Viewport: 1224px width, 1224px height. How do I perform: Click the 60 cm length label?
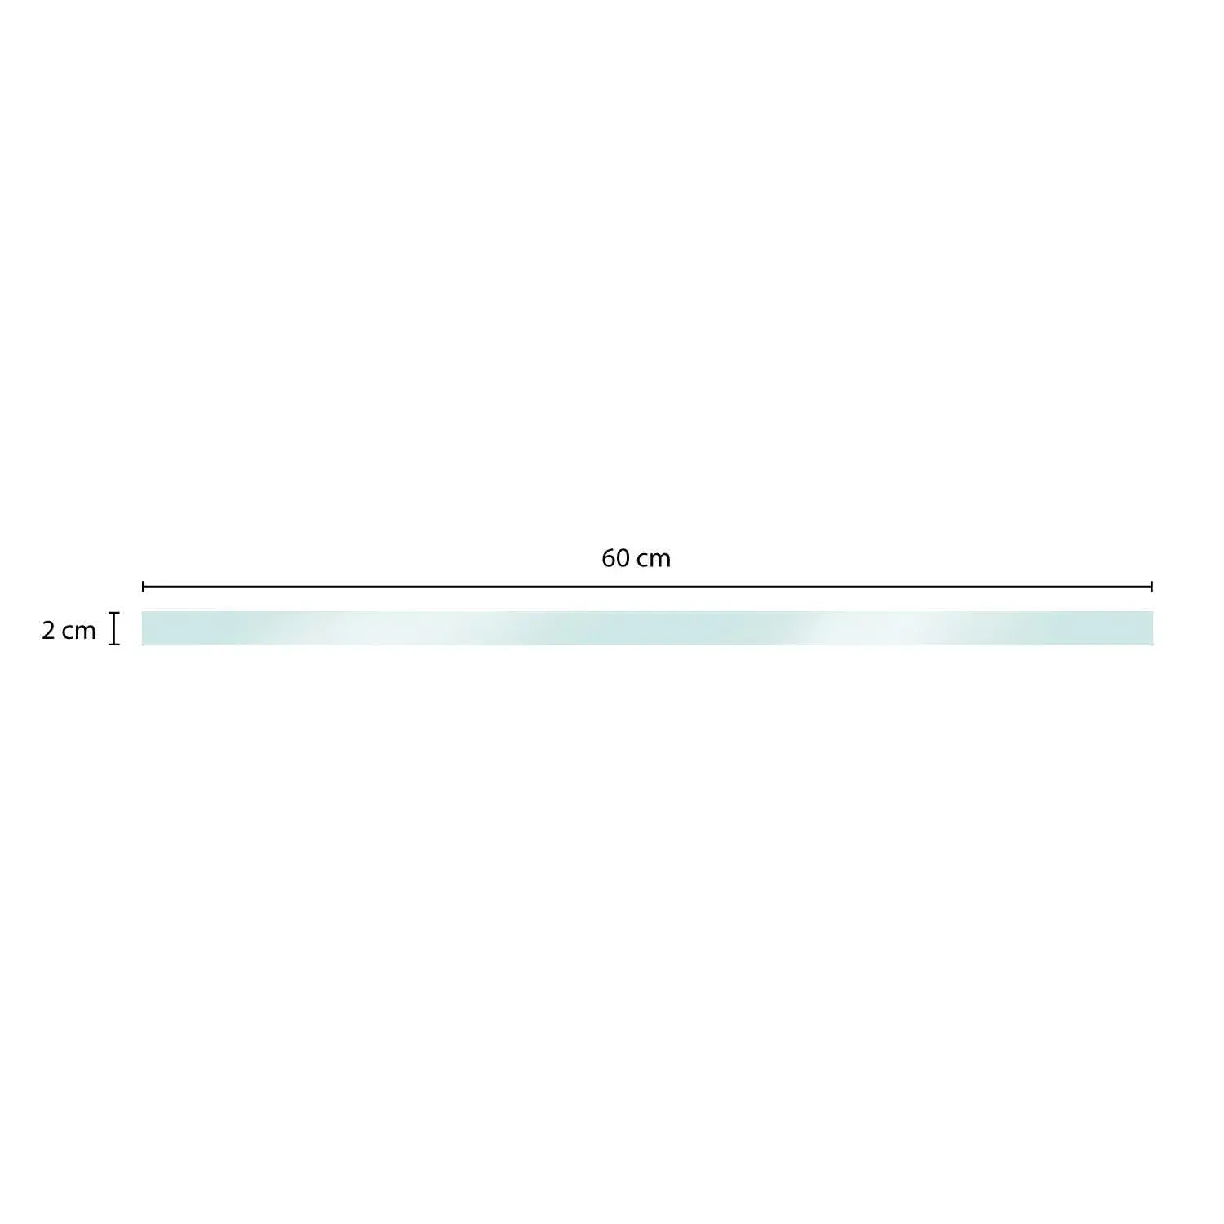coord(636,558)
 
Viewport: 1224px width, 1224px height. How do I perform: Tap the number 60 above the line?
coord(615,558)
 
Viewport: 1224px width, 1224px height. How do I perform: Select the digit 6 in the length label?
coord(609,558)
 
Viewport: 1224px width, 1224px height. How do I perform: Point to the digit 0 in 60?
coord(623,558)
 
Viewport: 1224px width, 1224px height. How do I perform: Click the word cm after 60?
coord(654,559)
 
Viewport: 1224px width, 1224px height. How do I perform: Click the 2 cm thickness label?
coord(69,631)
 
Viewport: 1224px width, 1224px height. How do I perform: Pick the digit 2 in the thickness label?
coord(48,631)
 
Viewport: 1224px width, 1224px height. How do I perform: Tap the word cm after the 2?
coord(79,632)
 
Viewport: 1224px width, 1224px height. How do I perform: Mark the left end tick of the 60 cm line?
coord(144,586)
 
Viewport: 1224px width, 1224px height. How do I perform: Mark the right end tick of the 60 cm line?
coord(1151,586)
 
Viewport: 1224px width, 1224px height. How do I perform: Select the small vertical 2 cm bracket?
coord(114,628)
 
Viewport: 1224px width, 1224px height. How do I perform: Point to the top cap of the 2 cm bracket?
coord(114,613)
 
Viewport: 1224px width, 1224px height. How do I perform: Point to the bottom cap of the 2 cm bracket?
coord(114,645)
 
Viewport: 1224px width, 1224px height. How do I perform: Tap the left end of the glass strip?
coord(145,628)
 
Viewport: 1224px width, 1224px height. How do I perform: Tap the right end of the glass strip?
coord(1150,628)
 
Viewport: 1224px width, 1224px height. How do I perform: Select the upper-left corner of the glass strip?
coord(143,612)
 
